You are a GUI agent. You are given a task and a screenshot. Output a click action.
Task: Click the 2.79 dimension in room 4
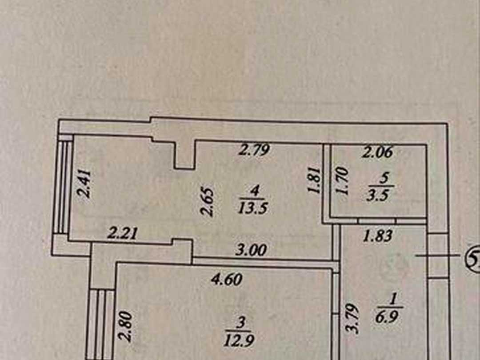pyautogui.click(x=254, y=150)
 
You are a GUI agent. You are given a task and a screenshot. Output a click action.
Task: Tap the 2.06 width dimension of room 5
pyautogui.click(x=377, y=152)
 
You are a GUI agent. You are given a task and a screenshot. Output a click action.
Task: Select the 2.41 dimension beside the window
pyautogui.click(x=84, y=184)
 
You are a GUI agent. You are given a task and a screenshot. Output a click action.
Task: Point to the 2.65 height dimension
pyautogui.click(x=207, y=202)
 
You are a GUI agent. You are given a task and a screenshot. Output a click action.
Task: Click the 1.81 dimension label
pyautogui.click(x=315, y=180)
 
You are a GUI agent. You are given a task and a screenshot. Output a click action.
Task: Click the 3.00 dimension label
pyautogui.click(x=251, y=250)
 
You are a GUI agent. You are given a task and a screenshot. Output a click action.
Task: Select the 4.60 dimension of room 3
pyautogui.click(x=227, y=279)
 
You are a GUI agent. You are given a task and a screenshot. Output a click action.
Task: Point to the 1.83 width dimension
pyautogui.click(x=377, y=236)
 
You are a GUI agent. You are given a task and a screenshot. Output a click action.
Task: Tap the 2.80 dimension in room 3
pyautogui.click(x=126, y=326)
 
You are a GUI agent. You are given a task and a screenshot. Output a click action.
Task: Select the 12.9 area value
pyautogui.click(x=240, y=340)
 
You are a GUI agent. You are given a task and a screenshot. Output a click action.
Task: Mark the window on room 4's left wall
pyautogui.click(x=63, y=188)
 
